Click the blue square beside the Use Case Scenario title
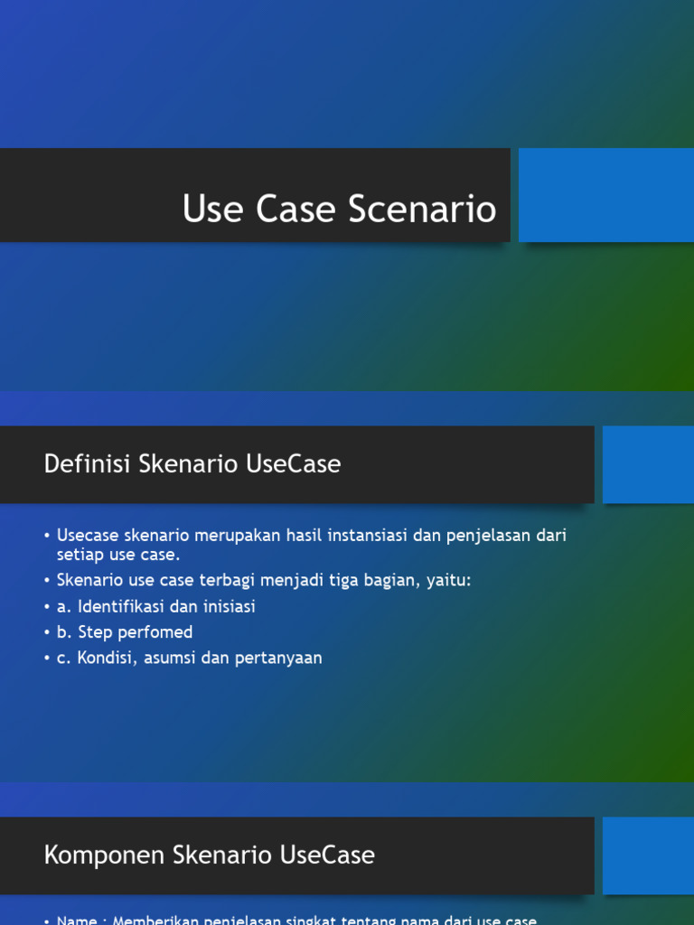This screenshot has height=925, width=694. click(x=605, y=195)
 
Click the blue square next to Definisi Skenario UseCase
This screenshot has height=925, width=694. click(x=648, y=464)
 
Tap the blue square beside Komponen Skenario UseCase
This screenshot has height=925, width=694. click(x=648, y=855)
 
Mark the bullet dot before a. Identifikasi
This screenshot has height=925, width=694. click(x=46, y=607)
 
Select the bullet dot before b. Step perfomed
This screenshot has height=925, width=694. click(x=46, y=632)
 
